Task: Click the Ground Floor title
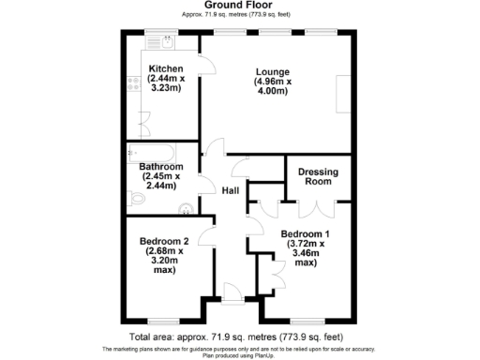click(x=239, y=5)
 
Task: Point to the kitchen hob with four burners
click(x=133, y=83)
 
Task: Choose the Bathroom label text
click(x=161, y=166)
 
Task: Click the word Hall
click(x=231, y=189)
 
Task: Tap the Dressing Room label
click(x=318, y=177)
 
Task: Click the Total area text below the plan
click(x=239, y=335)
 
